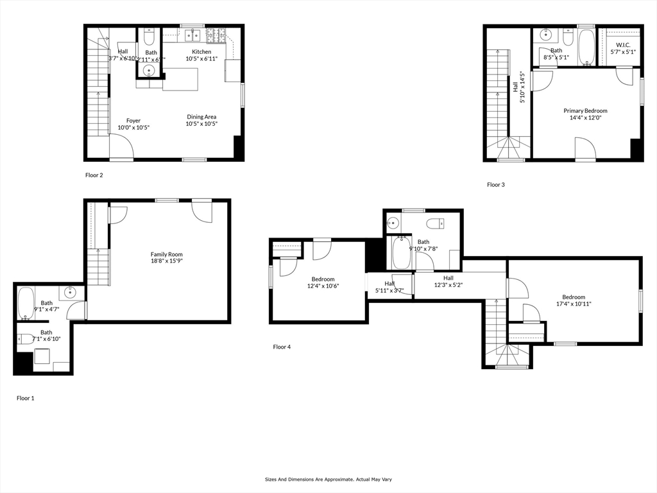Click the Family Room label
pos(167,254)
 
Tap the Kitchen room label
pos(201,52)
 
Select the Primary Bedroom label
pos(585,110)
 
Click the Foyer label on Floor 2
pos(133,121)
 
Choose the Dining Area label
pos(201,117)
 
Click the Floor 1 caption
pos(25,398)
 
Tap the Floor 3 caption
pos(496,185)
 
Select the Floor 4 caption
pos(282,347)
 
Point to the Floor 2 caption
pos(94,175)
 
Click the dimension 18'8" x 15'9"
pos(167,261)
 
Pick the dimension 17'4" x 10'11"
pos(574,304)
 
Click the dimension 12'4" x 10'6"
pos(323,286)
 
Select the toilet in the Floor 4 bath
pos(436,223)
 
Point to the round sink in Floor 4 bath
pos(393,223)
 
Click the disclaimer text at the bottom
pos(328,479)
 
